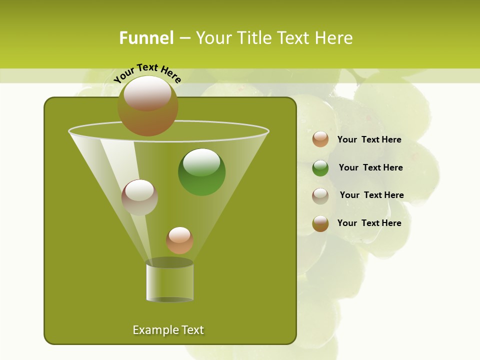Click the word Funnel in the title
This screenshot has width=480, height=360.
(x=146, y=38)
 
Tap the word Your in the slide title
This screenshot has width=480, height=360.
(x=212, y=38)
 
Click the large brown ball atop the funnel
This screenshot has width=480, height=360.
(x=147, y=106)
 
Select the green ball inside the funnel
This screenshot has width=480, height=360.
(x=201, y=172)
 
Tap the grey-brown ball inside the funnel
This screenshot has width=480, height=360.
(x=139, y=197)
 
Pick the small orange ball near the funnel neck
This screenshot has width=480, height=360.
(x=179, y=240)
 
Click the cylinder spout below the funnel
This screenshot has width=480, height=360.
(x=169, y=282)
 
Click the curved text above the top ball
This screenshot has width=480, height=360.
(x=147, y=73)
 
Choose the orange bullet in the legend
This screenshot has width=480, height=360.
(x=320, y=139)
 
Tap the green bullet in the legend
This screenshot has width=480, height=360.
(x=320, y=167)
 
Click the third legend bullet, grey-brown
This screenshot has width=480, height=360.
(x=320, y=195)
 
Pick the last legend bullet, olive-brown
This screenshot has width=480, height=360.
(x=320, y=223)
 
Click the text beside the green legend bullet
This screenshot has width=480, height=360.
(x=370, y=167)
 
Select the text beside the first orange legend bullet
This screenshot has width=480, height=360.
(x=369, y=139)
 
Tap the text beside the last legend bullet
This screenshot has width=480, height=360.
(x=369, y=223)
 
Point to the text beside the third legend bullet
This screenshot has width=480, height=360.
(x=371, y=195)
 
